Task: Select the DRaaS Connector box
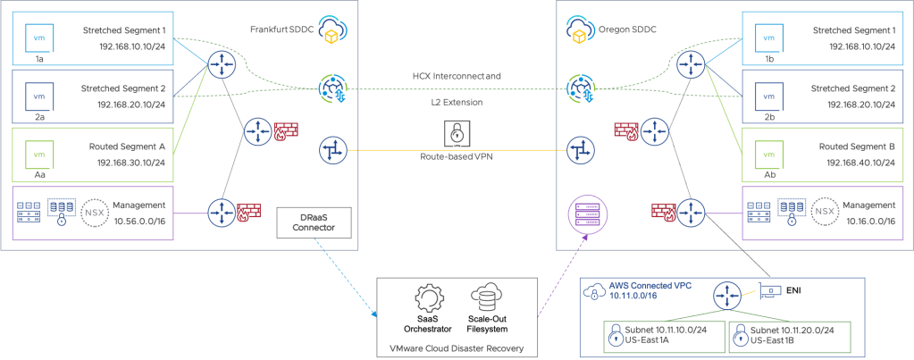(x=306, y=222)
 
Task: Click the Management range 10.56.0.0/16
(x=138, y=219)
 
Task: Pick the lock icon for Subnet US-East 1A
(x=591, y=335)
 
